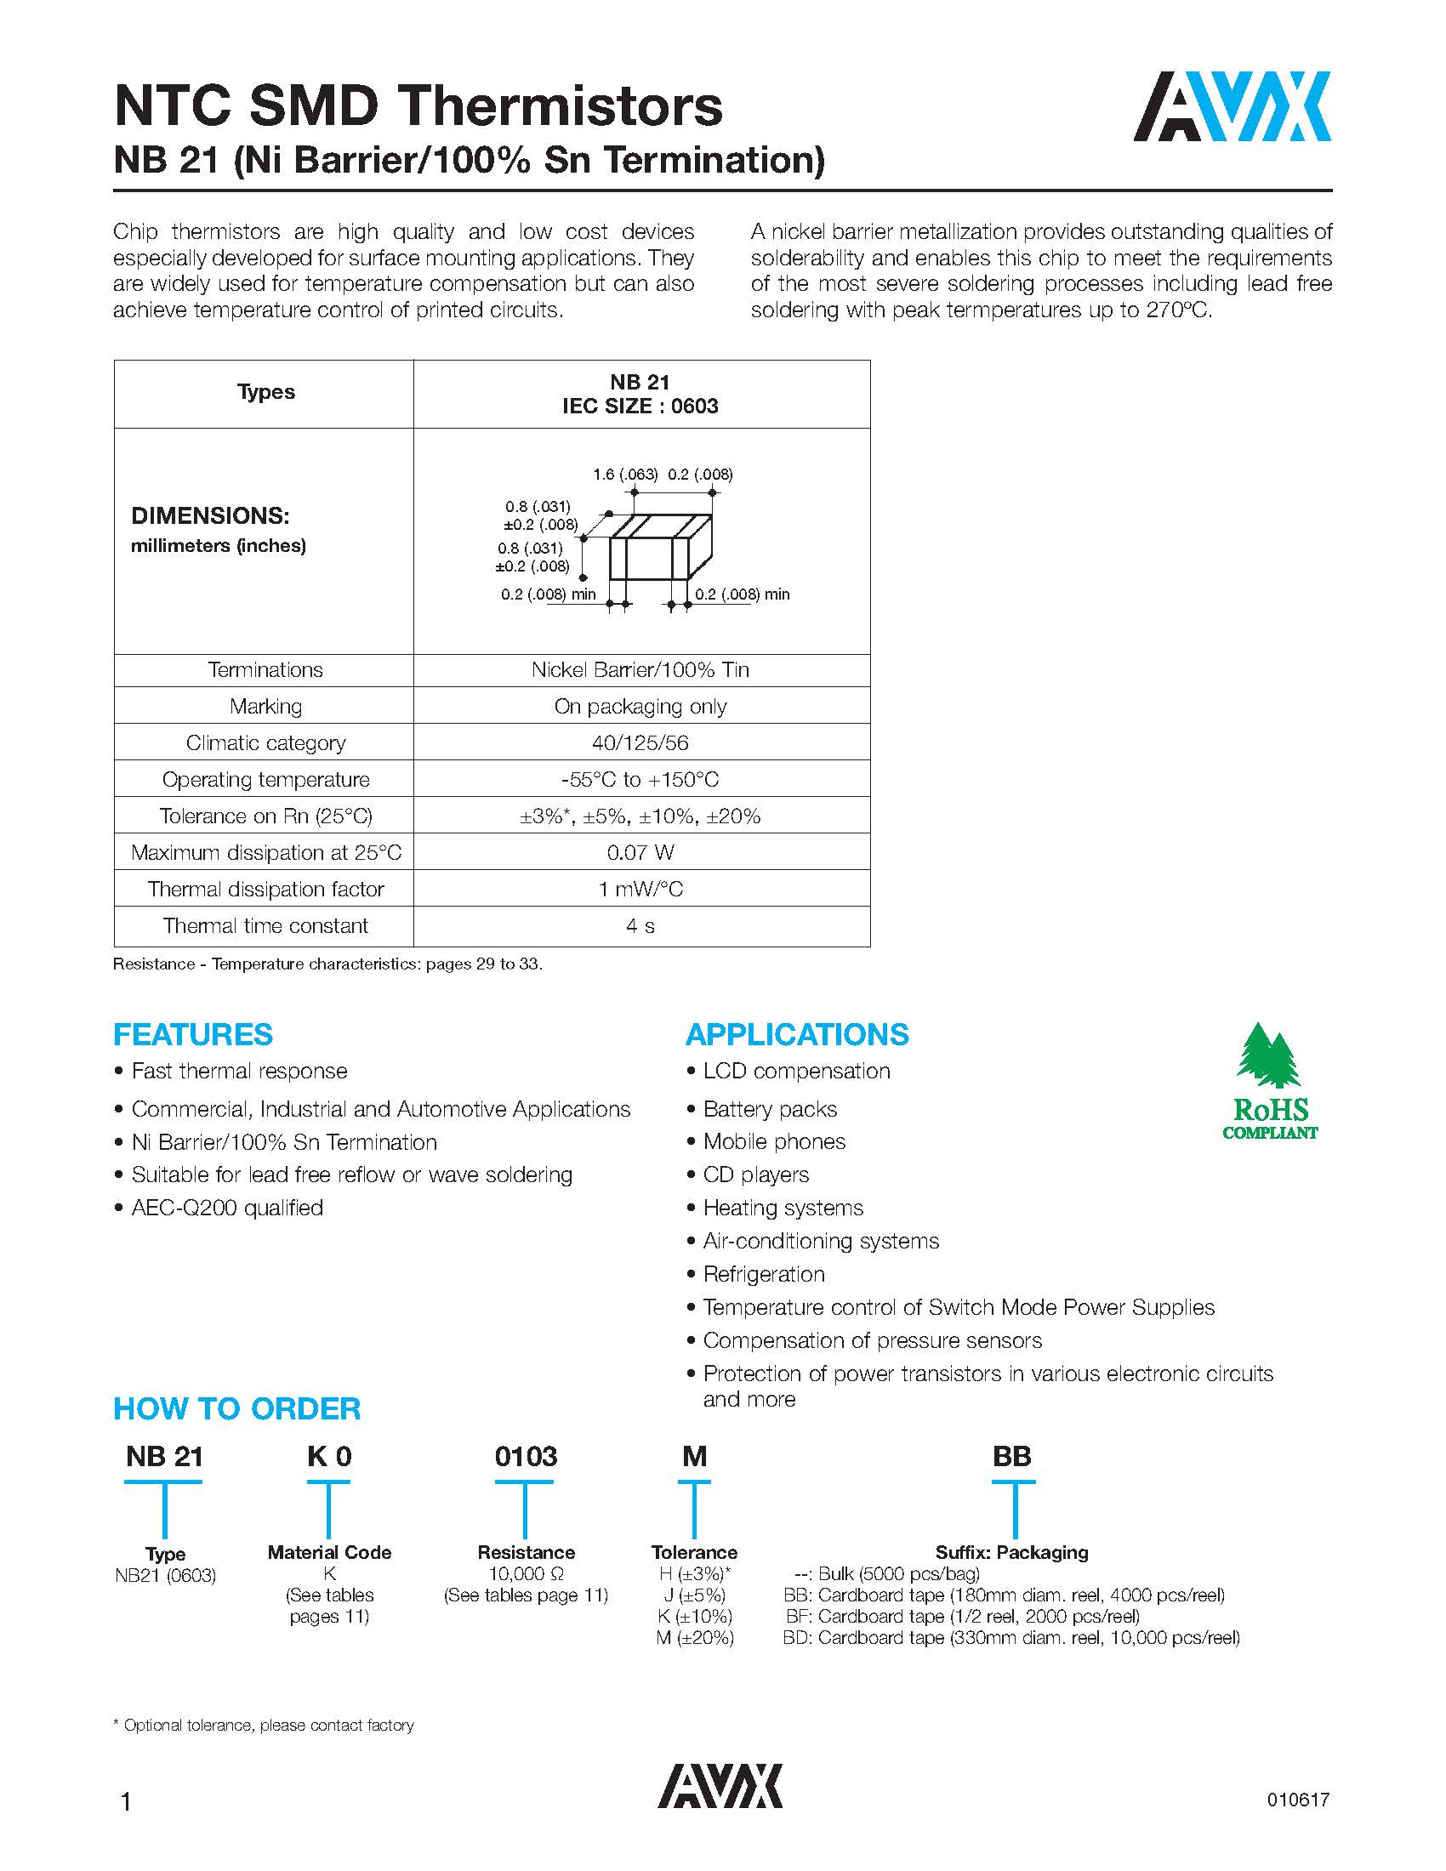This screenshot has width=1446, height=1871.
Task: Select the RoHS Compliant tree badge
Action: point(1270,1081)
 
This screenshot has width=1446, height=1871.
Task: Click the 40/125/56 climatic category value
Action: point(640,742)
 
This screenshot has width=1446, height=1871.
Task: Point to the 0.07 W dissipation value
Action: point(640,852)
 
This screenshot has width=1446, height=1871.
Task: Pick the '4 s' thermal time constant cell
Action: point(640,926)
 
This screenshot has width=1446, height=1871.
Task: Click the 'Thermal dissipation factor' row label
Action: point(265,890)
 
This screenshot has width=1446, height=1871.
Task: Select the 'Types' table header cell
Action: point(265,392)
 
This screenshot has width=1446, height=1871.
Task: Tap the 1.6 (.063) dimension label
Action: point(624,475)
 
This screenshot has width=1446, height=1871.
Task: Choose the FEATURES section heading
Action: point(193,1035)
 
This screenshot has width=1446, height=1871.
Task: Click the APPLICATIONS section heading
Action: point(797,1035)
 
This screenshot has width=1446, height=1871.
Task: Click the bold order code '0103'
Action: point(525,1456)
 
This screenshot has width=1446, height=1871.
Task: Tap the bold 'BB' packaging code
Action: point(1011,1456)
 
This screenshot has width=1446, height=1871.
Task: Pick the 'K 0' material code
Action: point(329,1456)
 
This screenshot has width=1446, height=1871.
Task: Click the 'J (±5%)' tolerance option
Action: point(693,1595)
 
